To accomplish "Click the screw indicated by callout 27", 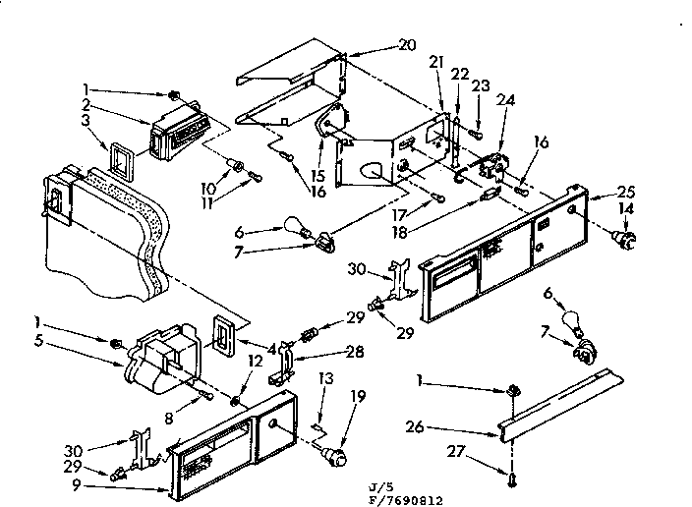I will point(513,478).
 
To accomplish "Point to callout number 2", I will point(86,104).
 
